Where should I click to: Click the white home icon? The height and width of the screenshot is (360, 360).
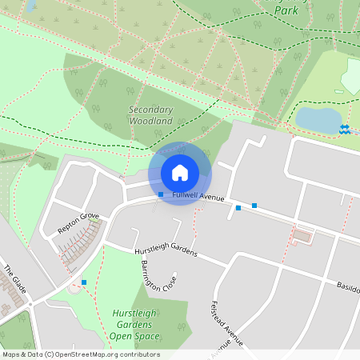pyautogui.click(x=180, y=173)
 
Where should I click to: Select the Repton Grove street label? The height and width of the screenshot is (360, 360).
pyautogui.click(x=78, y=222)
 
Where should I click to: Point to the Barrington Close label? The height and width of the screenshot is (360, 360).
pyautogui.click(x=160, y=275)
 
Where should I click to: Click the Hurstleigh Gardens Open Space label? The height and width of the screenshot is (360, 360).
pyautogui.click(x=133, y=325)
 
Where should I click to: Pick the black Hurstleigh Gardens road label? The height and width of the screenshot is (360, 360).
pyautogui.click(x=165, y=251)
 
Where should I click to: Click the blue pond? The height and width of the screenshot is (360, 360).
pyautogui.click(x=318, y=120)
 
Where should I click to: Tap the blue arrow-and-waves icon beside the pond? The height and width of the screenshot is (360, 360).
pyautogui.click(x=345, y=129)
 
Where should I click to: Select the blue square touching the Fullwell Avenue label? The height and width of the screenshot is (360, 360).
pyautogui.click(x=161, y=194)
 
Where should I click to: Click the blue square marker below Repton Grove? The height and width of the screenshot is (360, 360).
pyautogui.click(x=84, y=282)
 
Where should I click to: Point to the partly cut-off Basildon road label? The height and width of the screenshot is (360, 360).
pyautogui.click(x=347, y=288)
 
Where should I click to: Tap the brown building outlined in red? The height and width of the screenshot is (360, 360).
pyautogui.click(x=302, y=236)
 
